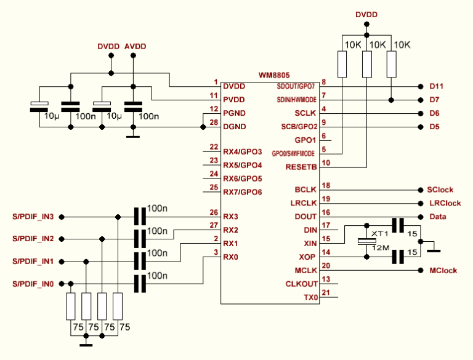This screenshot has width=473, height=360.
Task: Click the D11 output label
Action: point(436,86)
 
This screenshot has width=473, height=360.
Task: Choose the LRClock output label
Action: point(443,203)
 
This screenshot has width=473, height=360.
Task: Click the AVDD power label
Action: point(135,47)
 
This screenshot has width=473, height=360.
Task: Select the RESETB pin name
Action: point(302,167)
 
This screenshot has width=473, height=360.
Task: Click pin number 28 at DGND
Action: point(214,122)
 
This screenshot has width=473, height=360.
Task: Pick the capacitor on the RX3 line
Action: point(140,217)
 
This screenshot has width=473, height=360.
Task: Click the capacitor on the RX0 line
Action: point(140,284)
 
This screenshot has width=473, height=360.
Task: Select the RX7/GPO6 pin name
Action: point(243,192)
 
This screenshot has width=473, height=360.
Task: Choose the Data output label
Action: point(436,217)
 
